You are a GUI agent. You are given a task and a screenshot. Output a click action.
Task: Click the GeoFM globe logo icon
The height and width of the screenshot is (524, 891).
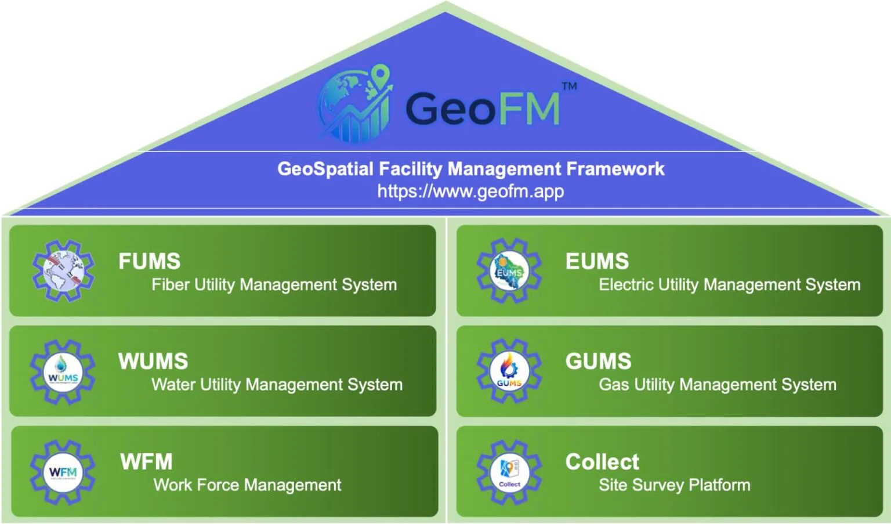[x=354, y=104]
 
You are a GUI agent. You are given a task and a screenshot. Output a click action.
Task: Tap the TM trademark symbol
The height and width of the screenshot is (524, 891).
[x=569, y=86]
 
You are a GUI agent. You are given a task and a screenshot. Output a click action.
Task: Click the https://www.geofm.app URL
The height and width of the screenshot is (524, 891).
[x=470, y=191]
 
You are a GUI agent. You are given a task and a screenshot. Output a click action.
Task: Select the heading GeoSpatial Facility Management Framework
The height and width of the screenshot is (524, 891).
[x=470, y=169]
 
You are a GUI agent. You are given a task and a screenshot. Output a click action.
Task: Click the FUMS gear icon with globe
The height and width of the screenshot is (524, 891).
[x=63, y=271]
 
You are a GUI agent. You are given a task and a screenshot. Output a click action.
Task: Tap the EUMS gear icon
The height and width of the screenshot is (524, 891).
[x=509, y=271]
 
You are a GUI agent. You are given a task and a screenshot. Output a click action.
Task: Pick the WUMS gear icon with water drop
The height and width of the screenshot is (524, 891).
[x=63, y=372]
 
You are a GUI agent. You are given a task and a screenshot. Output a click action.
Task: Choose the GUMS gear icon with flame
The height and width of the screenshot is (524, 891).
[x=509, y=371]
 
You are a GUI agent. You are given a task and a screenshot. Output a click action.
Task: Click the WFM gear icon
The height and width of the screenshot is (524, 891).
[x=63, y=472]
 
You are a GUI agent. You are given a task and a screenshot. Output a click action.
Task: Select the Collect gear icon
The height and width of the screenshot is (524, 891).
[x=509, y=472]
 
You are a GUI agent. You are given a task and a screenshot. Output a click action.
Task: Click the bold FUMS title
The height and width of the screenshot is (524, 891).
[x=150, y=261]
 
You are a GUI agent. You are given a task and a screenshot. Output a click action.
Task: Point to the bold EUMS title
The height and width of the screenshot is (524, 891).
[x=597, y=261]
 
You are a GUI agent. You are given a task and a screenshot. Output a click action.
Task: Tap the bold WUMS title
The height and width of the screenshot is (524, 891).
[x=153, y=362]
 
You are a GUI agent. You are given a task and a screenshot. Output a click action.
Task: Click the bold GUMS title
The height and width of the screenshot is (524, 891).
[x=598, y=362]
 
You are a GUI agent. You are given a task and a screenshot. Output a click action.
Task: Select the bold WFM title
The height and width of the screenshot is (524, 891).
[x=146, y=462]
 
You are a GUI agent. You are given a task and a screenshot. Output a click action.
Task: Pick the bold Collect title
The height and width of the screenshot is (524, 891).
[x=602, y=462]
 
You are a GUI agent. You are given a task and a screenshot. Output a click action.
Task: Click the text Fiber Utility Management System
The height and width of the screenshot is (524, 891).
[x=274, y=285]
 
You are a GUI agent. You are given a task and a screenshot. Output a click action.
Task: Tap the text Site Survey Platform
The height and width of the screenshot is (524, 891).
[x=675, y=485]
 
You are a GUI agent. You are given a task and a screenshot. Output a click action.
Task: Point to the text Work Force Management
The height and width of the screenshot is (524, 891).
[x=248, y=485]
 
